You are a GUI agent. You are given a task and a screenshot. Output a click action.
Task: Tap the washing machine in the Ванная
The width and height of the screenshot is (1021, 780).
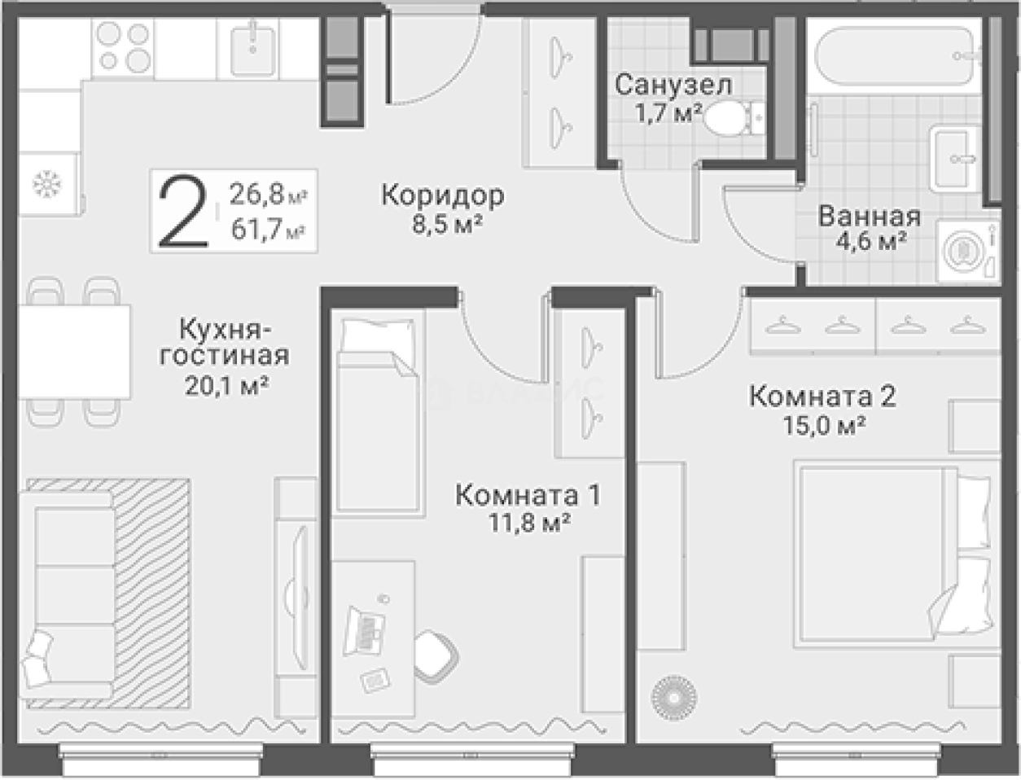[966, 250]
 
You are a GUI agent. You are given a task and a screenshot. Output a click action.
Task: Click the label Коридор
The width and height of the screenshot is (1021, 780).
[443, 195]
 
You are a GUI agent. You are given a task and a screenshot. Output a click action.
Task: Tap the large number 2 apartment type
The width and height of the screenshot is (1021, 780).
[182, 213]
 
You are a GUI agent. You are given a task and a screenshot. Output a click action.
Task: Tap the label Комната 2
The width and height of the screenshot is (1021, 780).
[822, 397]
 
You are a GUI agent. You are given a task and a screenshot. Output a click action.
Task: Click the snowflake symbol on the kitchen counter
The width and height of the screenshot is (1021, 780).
[46, 185]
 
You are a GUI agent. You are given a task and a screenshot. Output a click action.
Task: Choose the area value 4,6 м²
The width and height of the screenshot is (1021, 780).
[870, 241]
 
